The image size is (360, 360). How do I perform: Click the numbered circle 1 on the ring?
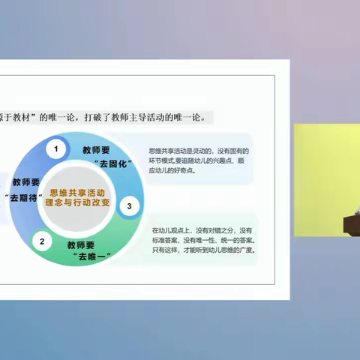(55, 149)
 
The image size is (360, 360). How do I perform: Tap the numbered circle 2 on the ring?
(43, 241)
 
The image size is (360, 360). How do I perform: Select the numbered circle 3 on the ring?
(129, 206)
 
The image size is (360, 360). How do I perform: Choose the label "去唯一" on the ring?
(91, 256)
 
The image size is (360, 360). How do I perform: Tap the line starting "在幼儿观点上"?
(202, 229)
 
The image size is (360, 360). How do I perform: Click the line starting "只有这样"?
(202, 251)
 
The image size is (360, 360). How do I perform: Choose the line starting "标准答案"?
(202, 240)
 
